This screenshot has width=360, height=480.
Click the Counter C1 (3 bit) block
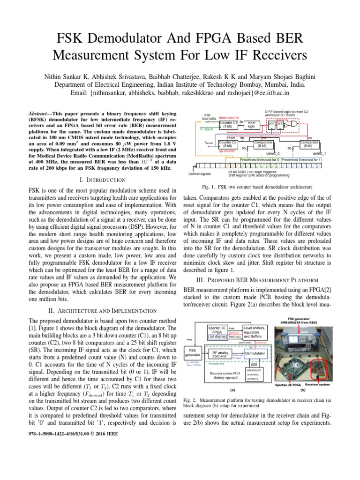point(229,124)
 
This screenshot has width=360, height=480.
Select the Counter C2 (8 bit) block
point(228,144)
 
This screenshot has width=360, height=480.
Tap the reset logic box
point(251,124)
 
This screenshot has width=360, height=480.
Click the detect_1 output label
point(319,153)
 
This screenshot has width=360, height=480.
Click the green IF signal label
point(207,128)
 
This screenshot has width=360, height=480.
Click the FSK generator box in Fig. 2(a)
point(192,352)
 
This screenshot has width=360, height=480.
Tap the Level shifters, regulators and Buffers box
point(255,332)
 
